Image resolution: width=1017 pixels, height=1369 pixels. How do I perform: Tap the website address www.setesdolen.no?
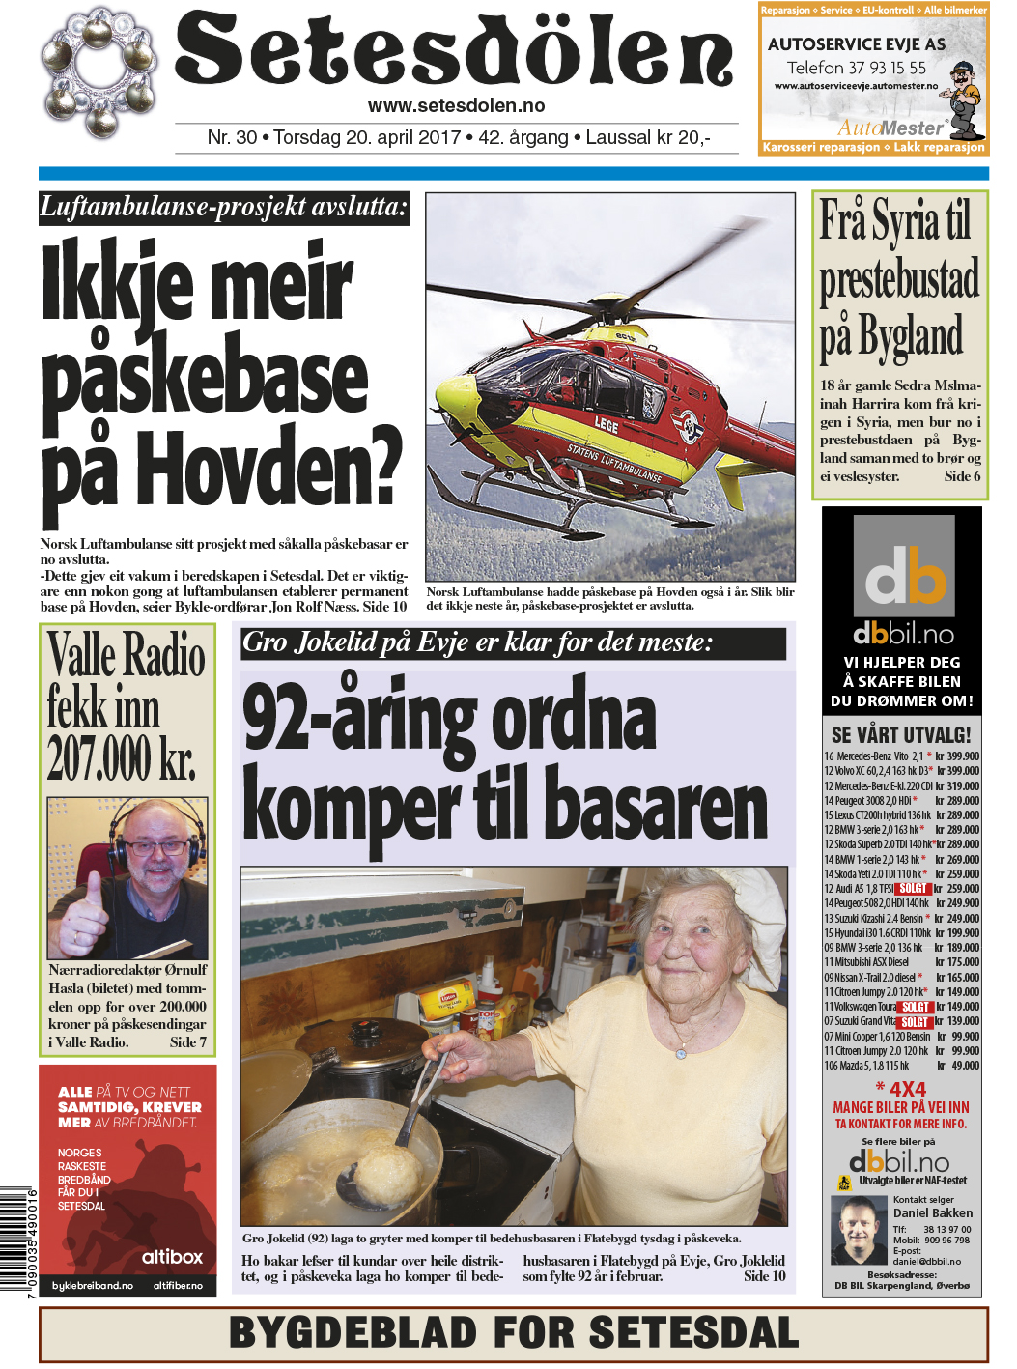click(456, 106)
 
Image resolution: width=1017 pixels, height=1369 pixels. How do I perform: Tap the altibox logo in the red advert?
click(172, 1257)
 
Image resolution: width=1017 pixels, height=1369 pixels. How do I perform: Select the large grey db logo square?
click(904, 566)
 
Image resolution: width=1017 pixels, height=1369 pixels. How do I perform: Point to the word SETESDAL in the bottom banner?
click(693, 1332)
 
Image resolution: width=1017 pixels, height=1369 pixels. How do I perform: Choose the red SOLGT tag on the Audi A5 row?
click(912, 889)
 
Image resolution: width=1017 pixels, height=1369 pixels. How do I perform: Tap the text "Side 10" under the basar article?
click(764, 1276)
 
